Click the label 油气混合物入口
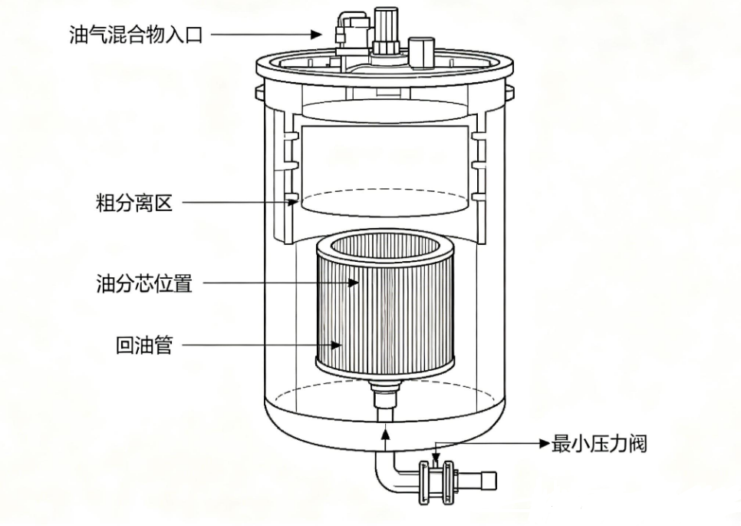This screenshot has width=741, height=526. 136,35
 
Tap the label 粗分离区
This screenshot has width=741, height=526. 134,203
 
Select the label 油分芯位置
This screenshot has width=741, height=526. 144,283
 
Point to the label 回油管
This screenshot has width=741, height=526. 144,345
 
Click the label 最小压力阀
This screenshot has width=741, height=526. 599,444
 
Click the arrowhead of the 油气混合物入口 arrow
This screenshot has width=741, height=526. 317,34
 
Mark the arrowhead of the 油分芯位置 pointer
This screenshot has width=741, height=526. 353,283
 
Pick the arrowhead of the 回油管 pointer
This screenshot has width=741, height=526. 336,345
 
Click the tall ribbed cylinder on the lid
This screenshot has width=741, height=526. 386,30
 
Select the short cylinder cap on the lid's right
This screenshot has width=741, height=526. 421,53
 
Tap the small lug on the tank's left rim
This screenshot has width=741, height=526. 259,92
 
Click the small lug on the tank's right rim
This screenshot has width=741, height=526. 509,92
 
